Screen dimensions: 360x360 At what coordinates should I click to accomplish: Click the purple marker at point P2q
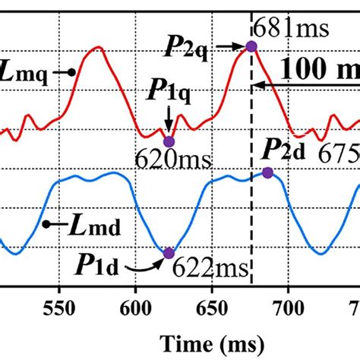(x=251, y=47)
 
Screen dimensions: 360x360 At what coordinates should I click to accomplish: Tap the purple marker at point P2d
(x=267, y=173)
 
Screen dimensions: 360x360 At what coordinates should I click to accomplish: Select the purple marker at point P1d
(x=169, y=254)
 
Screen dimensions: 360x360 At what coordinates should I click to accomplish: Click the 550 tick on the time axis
(x=58, y=309)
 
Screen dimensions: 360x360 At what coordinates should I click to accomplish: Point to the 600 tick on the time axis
(x=134, y=309)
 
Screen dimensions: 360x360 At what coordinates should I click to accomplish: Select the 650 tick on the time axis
(x=211, y=309)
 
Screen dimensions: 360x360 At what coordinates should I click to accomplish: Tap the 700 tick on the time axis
(x=288, y=309)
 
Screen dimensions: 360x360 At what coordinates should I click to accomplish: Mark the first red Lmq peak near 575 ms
(x=96, y=47)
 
